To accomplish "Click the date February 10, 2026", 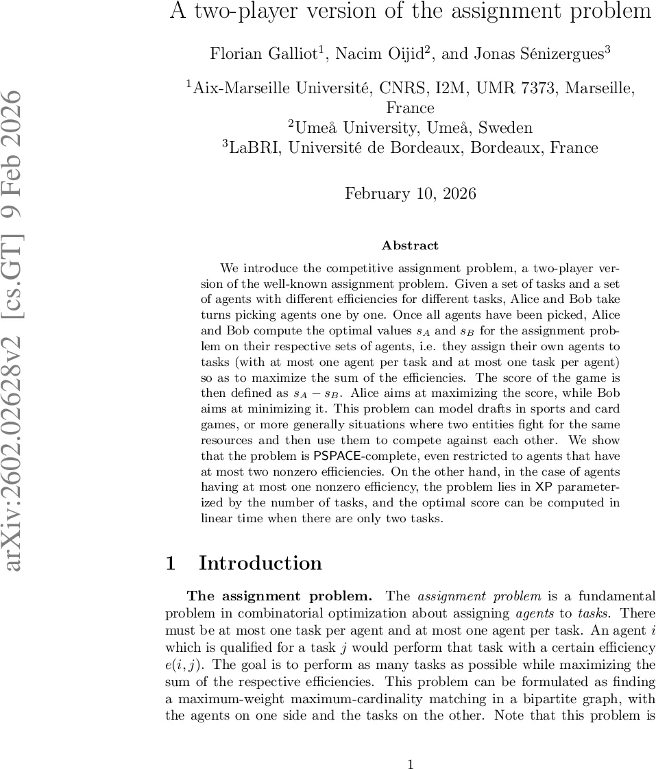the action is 410,193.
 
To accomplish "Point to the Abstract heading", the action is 410,245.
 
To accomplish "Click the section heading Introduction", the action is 260,563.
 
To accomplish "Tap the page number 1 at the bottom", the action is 410,746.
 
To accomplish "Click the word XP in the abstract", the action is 543,487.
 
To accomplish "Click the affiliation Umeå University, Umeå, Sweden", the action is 410,127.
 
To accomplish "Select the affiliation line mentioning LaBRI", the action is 410,147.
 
